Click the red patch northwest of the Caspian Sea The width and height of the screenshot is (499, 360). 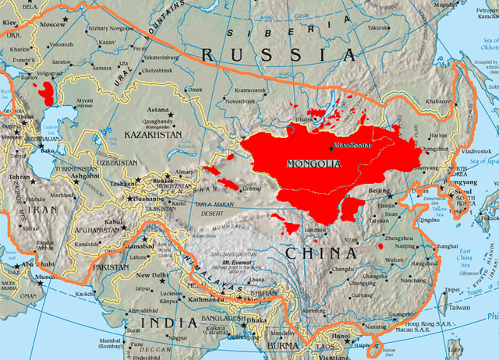[x=50, y=94]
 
